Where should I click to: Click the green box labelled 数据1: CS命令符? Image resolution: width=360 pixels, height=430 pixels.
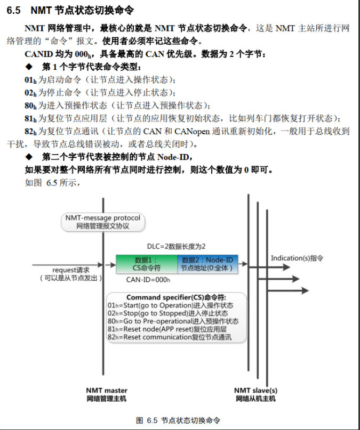[147, 264]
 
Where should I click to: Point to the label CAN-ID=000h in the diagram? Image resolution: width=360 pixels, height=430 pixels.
[148, 279]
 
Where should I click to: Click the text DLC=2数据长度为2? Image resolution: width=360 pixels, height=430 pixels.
[176, 246]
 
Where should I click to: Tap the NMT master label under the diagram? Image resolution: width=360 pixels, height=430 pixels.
[106, 390]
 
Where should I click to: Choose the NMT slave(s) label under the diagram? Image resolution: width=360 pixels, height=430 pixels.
[255, 390]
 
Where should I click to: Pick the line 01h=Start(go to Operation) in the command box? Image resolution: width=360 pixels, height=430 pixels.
[170, 305]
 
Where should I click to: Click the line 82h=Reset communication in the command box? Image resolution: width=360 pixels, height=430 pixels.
[169, 337]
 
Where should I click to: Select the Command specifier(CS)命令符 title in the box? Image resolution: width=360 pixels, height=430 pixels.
[176, 297]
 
